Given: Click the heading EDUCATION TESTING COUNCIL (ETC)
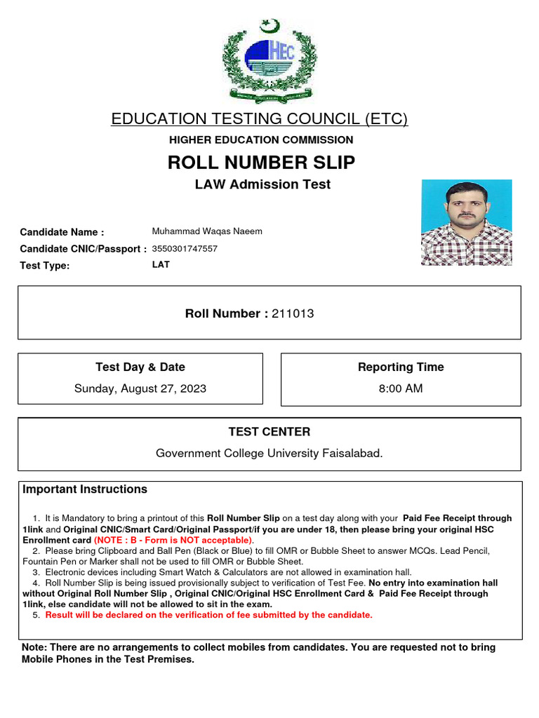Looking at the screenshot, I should (x=260, y=119).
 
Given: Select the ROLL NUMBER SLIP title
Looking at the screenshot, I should (x=261, y=163).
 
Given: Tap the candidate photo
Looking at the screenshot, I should (x=466, y=222).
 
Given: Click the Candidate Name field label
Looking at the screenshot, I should (x=62, y=232).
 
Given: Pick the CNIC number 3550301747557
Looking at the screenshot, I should (x=185, y=249).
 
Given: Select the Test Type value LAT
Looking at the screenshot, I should (x=161, y=264).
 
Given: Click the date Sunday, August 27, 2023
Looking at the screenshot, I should (x=140, y=388).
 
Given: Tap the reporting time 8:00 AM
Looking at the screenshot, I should (x=401, y=388).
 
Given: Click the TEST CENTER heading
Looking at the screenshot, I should (x=269, y=432).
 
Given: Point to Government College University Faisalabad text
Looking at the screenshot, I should (x=269, y=454).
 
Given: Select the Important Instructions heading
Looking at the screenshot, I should (x=85, y=489).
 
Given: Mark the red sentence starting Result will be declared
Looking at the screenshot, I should (x=208, y=615).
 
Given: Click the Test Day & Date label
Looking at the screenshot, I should (x=140, y=367).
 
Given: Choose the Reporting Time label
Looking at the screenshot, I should (x=401, y=367).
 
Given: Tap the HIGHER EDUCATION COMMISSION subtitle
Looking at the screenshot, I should (x=261, y=140).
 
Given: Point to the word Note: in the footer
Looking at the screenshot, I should (x=35, y=647).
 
